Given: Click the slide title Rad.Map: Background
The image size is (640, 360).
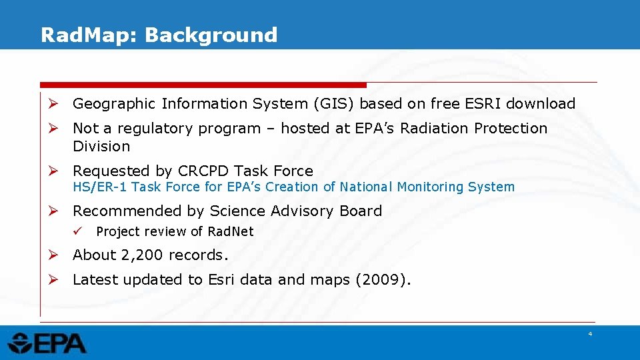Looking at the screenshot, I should click(x=159, y=35).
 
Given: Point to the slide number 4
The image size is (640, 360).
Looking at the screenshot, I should click(x=589, y=333).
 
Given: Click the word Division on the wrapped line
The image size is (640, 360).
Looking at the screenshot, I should click(x=101, y=147).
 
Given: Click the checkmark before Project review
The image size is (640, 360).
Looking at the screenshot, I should click(x=78, y=231).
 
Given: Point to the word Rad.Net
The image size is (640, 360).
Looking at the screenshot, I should click(x=231, y=232).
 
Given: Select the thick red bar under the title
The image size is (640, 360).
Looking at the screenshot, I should click(x=203, y=85).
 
